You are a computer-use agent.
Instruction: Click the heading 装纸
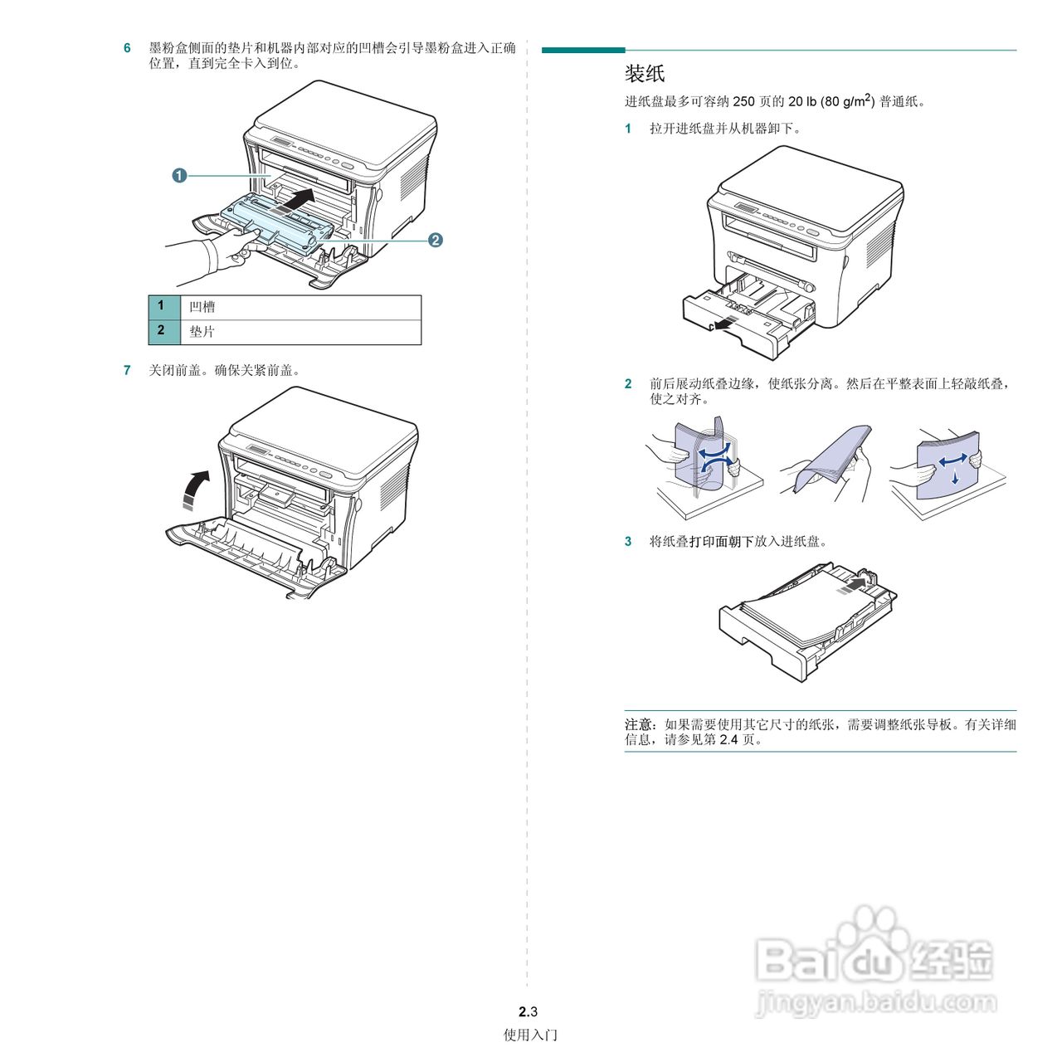tap(645, 74)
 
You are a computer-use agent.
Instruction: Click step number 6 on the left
tap(127, 48)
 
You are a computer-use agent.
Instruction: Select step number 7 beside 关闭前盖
tap(127, 370)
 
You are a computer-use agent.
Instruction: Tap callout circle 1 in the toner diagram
tap(179, 175)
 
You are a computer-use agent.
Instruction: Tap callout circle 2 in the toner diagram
tap(435, 240)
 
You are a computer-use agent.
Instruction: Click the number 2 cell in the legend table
tap(162, 331)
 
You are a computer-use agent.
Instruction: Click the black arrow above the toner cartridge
tap(296, 199)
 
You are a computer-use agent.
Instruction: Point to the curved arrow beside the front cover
tap(196, 489)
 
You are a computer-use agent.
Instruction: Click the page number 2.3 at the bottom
tap(528, 1011)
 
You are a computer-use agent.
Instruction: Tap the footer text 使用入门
tap(530, 1035)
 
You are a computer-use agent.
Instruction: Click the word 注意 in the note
tap(638, 724)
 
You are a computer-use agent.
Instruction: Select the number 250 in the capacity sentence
tap(743, 101)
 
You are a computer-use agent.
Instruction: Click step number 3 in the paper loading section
tap(628, 541)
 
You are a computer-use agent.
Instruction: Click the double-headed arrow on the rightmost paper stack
tap(952, 459)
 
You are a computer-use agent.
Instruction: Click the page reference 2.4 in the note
tap(728, 739)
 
